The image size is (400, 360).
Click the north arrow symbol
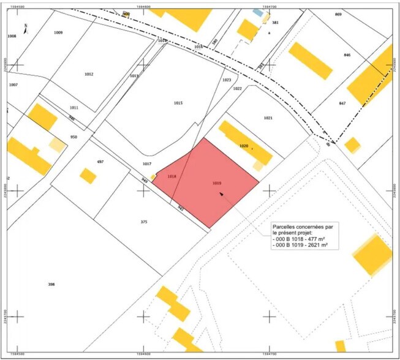click(25, 28)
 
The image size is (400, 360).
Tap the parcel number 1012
click(89, 74)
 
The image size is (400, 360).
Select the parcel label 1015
click(179, 103)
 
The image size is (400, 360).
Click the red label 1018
click(172, 176)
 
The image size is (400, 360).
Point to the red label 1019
click(217, 182)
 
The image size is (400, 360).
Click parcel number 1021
click(268, 118)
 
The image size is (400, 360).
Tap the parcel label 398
click(51, 284)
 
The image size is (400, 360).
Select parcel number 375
click(144, 222)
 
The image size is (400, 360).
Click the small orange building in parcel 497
click(88, 176)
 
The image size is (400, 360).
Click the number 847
click(342, 103)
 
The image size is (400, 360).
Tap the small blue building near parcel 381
click(259, 12)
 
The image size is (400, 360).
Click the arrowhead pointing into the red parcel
click(221, 195)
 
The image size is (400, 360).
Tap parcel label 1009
click(58, 32)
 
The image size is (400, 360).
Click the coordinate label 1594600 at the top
click(145, 6)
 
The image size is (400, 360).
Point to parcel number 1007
click(13, 84)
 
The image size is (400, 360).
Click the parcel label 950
click(74, 137)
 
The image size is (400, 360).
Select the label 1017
click(147, 164)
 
